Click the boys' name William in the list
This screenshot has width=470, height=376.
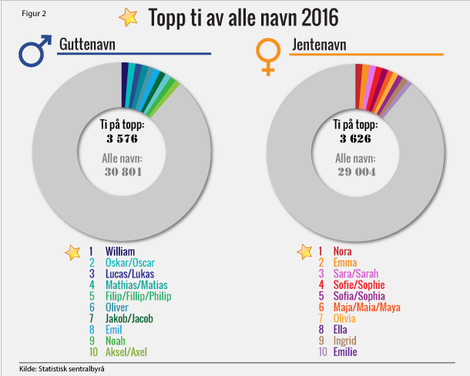tap(121, 251)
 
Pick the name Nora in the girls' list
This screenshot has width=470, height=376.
tap(342, 251)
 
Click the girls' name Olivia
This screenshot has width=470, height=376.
tap(345, 317)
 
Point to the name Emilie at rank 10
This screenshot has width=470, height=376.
tap(344, 351)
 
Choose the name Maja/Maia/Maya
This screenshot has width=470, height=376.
tap(367, 306)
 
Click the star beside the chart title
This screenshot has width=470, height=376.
tap(128, 16)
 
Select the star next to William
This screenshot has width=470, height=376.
tap(72, 251)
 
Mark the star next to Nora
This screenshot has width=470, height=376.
tap(304, 251)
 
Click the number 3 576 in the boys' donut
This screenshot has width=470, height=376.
tap(123, 139)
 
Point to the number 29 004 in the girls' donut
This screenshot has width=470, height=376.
tap(355, 172)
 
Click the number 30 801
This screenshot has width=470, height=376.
tap(123, 172)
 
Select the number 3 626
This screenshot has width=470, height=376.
tap(355, 139)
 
